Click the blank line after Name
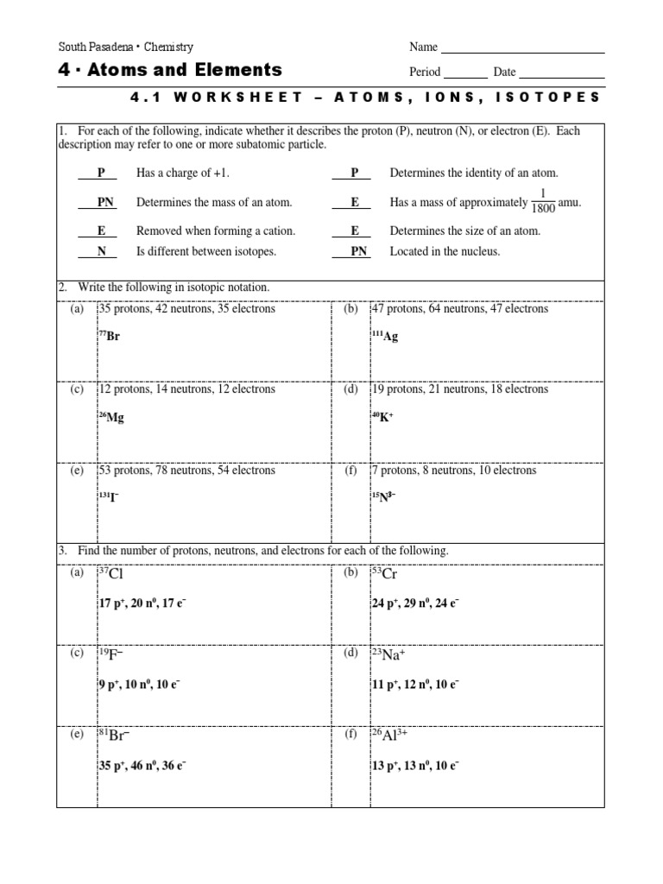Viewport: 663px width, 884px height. (522, 51)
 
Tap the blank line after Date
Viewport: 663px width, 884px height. (561, 76)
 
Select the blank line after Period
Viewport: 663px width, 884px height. (465, 76)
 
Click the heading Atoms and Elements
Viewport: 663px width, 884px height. (169, 70)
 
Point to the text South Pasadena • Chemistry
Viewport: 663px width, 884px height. (125, 47)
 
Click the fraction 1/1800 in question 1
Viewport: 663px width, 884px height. (542, 202)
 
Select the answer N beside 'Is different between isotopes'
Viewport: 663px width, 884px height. (101, 251)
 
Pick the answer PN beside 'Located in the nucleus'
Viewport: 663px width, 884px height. (358, 251)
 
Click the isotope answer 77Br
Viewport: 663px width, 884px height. (110, 337)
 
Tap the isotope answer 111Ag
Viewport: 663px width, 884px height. (385, 337)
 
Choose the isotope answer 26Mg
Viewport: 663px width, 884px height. (111, 417)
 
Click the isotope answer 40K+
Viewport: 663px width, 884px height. (382, 417)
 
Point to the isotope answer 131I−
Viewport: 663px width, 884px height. (109, 498)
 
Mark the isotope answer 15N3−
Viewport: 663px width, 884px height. (383, 498)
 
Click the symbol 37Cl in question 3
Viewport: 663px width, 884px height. (114, 573)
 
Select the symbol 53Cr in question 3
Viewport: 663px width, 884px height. (384, 573)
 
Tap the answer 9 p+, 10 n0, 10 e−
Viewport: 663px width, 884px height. (139, 685)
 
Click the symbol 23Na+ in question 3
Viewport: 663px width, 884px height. (388, 654)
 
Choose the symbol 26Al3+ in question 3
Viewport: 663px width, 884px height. (389, 736)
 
